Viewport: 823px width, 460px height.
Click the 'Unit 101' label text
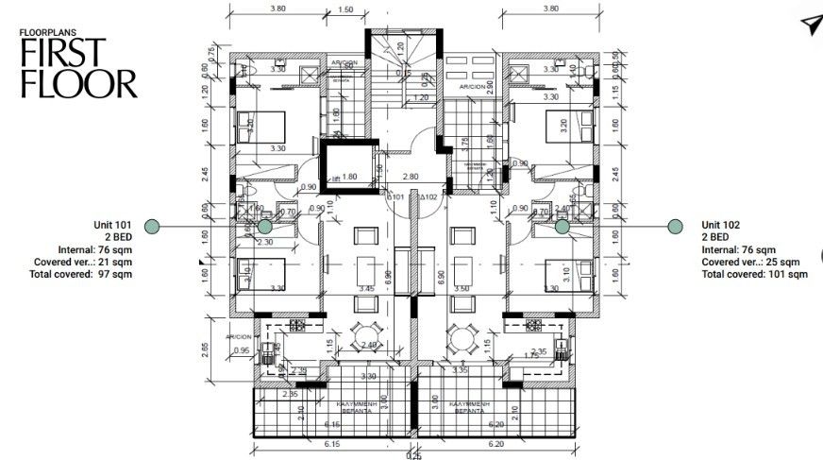[x=112, y=224]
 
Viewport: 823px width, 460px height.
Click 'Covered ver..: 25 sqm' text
[x=751, y=262]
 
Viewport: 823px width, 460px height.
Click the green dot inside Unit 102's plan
[x=562, y=227]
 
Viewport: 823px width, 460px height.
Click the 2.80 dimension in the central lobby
[x=410, y=177]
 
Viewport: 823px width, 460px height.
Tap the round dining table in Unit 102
[x=462, y=335]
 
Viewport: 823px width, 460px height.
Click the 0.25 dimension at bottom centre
[x=412, y=455]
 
